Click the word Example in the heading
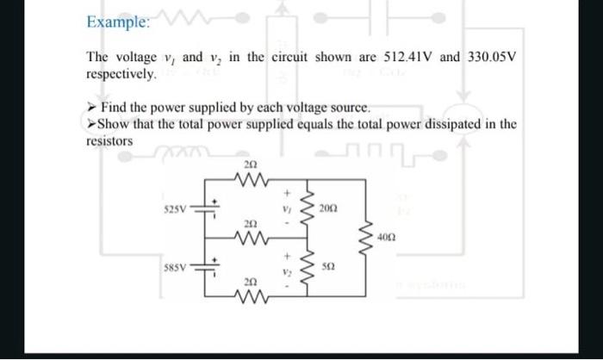point(117,23)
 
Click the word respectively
point(121,75)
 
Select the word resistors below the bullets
point(109,140)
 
